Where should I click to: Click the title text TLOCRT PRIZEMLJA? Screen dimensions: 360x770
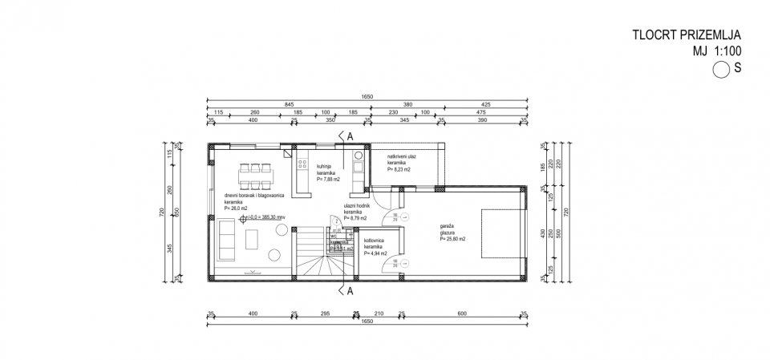click(x=686, y=34)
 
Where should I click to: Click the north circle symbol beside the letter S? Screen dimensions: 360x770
click(x=720, y=69)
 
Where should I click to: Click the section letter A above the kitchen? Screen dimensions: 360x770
click(x=351, y=136)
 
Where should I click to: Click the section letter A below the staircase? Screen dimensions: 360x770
click(x=350, y=289)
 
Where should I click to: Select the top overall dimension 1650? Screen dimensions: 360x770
click(x=367, y=96)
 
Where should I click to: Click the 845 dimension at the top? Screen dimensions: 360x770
click(x=287, y=104)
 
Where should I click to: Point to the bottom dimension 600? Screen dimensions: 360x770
click(x=462, y=313)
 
